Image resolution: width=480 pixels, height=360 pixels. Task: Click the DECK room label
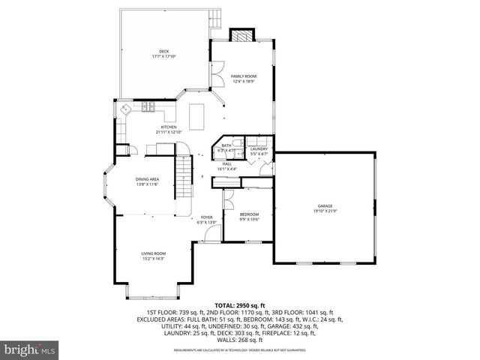[163, 51]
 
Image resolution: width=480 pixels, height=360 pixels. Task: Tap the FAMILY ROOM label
[244, 76]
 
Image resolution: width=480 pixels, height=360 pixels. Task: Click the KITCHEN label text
[169, 127]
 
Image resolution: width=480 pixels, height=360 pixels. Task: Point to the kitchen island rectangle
[197, 114]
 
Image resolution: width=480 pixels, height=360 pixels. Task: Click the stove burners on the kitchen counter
[148, 106]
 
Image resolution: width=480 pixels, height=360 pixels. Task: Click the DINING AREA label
[147, 179]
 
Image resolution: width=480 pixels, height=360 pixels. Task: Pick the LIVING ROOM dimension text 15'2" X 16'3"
[153, 259]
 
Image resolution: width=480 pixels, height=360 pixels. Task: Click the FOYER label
[206, 217]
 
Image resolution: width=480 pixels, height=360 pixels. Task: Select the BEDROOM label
[249, 214]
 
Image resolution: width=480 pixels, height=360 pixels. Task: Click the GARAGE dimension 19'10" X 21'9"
[325, 211]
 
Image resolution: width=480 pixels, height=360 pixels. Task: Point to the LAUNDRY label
[259, 148]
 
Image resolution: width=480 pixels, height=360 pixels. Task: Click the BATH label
[226, 145]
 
